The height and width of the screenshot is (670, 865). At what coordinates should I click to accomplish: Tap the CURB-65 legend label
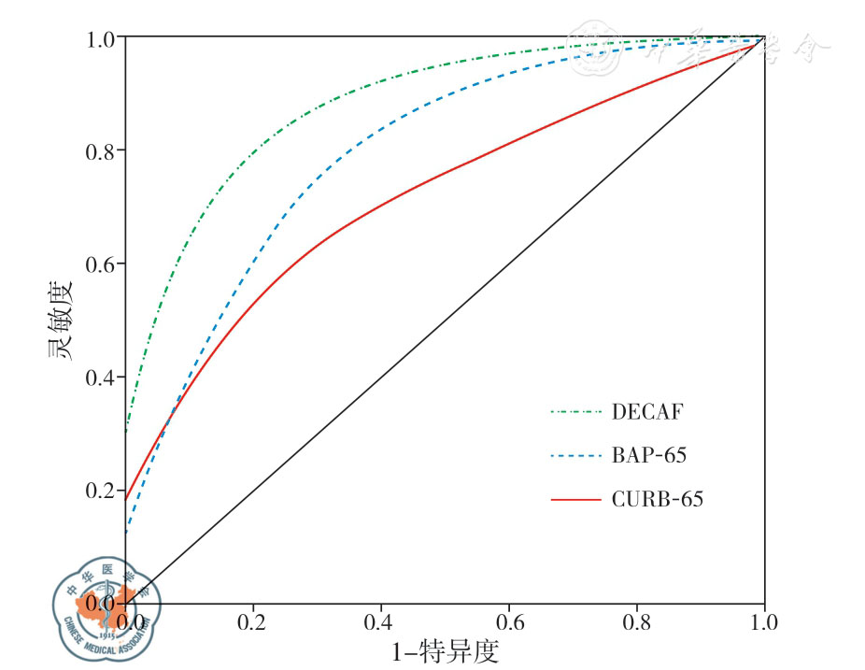pyautogui.click(x=658, y=500)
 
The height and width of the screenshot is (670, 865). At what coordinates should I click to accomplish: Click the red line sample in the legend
pyautogui.click(x=575, y=500)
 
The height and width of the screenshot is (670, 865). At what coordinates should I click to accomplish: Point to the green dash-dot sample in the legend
pyautogui.click(x=575, y=410)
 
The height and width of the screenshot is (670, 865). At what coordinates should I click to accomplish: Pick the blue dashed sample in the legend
pyautogui.click(x=575, y=455)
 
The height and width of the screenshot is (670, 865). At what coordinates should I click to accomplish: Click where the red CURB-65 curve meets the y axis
pyautogui.click(x=126, y=500)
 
